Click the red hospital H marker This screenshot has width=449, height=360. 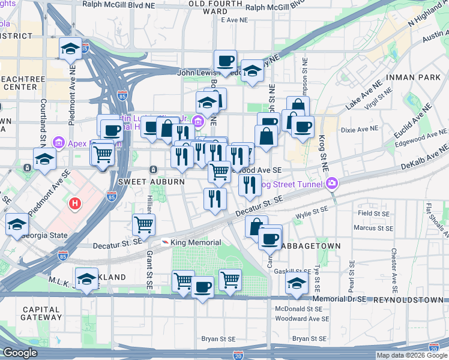click(75, 204)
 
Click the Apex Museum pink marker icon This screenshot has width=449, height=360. click(59, 143)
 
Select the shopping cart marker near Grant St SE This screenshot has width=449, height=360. click(143, 226)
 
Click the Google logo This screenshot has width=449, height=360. click(20, 353)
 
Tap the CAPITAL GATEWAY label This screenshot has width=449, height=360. click(41, 314)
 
